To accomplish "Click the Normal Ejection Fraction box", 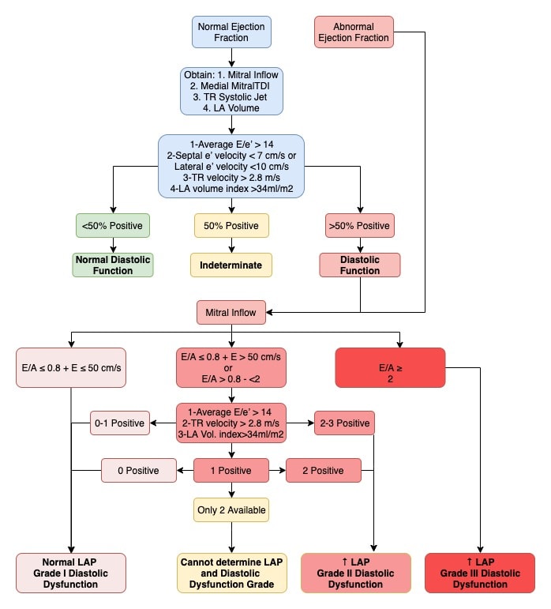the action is point(231,32).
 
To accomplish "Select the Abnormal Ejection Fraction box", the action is point(354,32).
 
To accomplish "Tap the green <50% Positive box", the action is point(113,226).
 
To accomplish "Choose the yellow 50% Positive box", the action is point(231,226).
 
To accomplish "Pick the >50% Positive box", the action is point(360,226).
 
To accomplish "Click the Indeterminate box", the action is point(231,265).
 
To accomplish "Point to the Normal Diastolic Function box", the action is point(113,265).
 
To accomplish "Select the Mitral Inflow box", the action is point(231,312).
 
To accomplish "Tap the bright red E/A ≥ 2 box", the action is point(390,368).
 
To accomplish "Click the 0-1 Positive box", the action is point(119,423).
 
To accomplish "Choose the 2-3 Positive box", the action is point(344,423).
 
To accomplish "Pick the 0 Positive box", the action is point(138,470).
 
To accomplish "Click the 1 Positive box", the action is point(231,470).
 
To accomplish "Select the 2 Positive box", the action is point(323,470).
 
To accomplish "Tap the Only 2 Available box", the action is point(231,510).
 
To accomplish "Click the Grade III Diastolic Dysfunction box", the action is point(480,573).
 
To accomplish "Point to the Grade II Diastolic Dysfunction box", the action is point(355,573).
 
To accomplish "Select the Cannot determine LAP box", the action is point(231,573).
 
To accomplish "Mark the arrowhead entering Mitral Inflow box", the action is point(269,312).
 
